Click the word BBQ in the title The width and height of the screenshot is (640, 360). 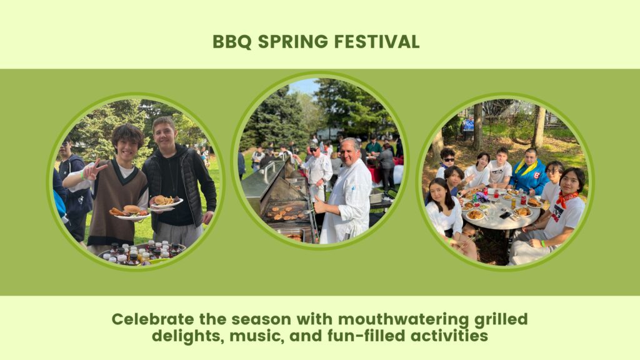232,42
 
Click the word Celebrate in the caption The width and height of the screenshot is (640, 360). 153,319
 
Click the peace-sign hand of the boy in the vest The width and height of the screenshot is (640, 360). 93,169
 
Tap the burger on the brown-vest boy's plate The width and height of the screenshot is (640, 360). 131,210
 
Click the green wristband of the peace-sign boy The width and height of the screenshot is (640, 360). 83,175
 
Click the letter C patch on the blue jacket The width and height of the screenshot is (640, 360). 536,176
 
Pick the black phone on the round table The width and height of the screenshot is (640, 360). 505,215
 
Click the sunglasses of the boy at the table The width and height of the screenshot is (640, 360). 448,159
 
